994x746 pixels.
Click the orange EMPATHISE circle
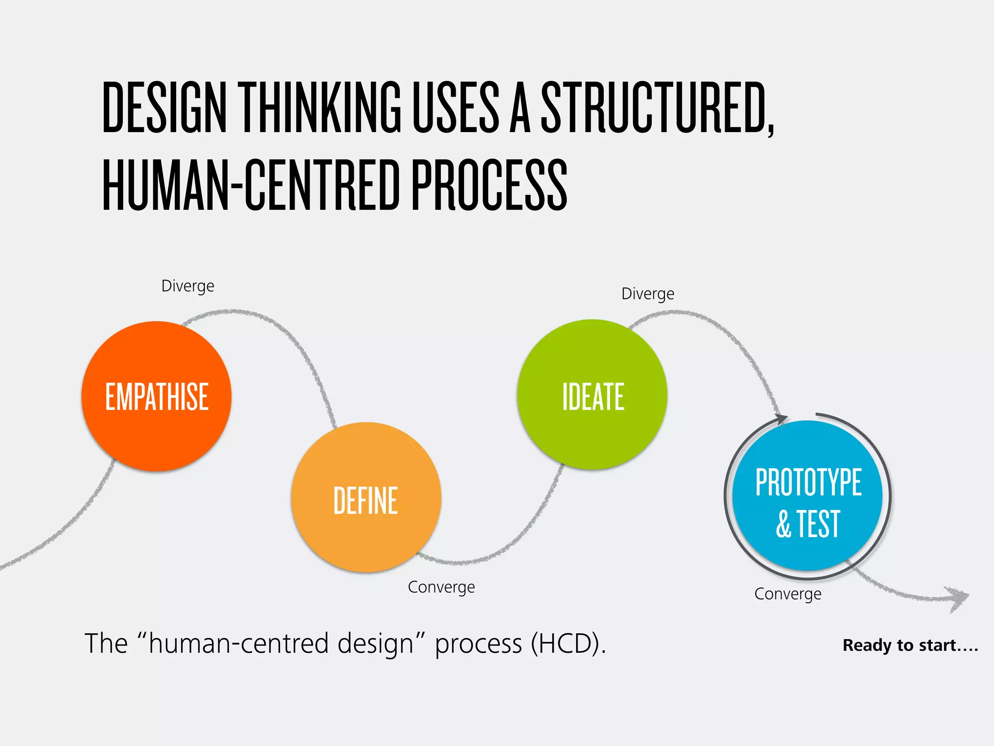point(156,396)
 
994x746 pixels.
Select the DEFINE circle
point(366,497)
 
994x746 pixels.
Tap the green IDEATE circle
point(592,394)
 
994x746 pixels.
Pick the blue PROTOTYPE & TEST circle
point(808,495)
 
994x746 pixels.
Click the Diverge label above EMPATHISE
point(187,286)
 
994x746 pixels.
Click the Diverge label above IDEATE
point(647,294)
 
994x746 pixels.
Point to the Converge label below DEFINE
point(441,587)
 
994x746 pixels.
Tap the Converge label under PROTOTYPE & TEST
point(788,594)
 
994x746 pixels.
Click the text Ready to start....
point(910,645)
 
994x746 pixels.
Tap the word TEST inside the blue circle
point(818,525)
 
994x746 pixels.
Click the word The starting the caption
point(106,644)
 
